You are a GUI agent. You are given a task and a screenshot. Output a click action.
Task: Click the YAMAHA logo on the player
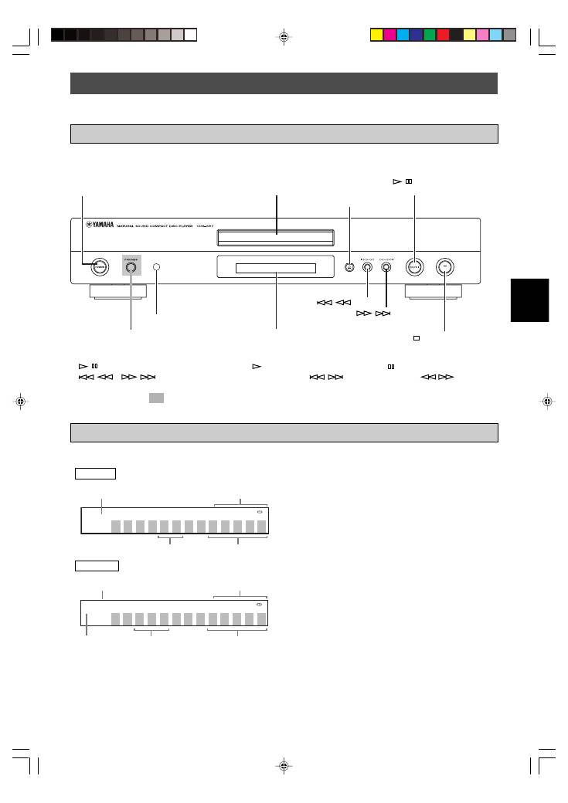(99, 226)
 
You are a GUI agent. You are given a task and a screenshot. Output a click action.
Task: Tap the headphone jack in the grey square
(131, 268)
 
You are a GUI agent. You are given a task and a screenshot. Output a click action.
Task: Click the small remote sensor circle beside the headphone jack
(156, 267)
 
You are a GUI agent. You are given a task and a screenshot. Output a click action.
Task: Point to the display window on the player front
(276, 268)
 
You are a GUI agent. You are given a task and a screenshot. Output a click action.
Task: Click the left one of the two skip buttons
(367, 267)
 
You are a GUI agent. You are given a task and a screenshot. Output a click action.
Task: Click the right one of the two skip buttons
(386, 267)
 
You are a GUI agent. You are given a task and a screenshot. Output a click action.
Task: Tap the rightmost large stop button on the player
(445, 267)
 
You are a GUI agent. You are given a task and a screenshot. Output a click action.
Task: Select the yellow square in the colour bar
(376, 35)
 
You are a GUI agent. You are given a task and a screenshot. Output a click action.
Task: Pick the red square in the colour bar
(443, 35)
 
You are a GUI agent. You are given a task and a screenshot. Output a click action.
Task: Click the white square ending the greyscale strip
(190, 35)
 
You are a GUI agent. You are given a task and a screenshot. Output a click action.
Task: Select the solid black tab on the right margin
(529, 300)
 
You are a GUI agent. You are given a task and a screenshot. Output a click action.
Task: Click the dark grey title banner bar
(284, 83)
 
